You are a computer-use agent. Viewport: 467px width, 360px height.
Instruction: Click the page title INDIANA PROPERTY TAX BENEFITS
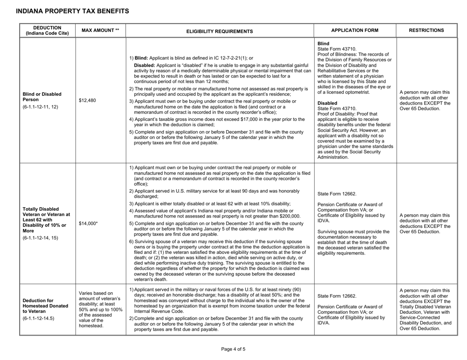(66, 10)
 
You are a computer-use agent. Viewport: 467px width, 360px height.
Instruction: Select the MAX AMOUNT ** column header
(98, 30)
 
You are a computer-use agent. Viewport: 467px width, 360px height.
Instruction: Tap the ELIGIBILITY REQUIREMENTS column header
(220, 31)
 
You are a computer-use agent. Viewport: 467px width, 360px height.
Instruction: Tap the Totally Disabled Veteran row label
(44, 218)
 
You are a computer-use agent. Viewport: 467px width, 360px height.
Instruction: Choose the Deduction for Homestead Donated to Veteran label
(44, 304)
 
